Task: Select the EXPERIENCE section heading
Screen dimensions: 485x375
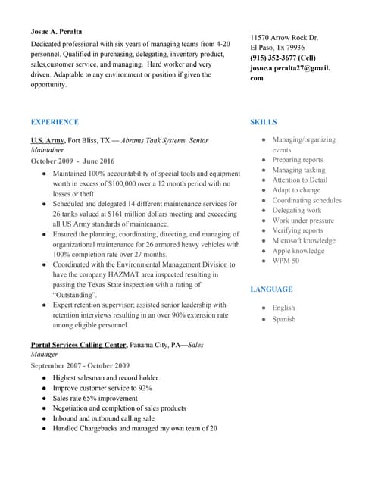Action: coord(55,122)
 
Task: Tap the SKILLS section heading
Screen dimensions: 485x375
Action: coord(263,122)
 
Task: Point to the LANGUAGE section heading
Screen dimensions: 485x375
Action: coord(271,289)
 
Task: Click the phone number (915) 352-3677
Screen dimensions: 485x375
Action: coord(273,58)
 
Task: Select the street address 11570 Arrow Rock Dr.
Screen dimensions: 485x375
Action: coord(284,38)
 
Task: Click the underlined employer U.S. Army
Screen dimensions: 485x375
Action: coord(47,140)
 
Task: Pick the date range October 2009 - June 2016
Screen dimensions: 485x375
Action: coord(73,161)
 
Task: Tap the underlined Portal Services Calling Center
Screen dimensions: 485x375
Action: coord(78,345)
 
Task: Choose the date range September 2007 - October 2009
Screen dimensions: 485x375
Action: coord(80,365)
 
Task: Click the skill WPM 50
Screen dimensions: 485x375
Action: coord(286,261)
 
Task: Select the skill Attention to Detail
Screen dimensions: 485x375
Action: coord(300,180)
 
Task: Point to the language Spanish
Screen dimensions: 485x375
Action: coord(284,319)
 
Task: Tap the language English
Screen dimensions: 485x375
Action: coord(283,308)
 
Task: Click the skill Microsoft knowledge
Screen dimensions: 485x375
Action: coord(303,241)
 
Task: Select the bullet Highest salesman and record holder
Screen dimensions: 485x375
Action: coord(105,377)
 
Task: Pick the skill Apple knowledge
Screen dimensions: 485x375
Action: coord(298,251)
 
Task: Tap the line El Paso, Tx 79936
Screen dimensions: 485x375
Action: coord(277,48)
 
